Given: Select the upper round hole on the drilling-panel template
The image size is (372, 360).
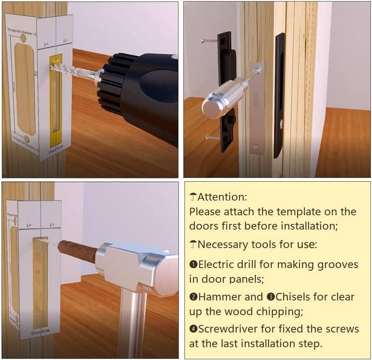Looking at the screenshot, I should (23, 38).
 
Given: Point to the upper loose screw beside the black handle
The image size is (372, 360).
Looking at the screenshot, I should (209, 40).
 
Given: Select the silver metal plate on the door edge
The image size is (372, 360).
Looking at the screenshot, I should (257, 109).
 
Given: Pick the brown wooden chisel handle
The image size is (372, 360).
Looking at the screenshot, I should (77, 249).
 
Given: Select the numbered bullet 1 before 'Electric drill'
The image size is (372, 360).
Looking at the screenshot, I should (193, 265).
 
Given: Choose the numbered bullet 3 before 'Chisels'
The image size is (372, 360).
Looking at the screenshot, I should (270, 297).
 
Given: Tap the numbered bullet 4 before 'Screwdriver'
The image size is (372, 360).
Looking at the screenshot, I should (193, 329).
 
